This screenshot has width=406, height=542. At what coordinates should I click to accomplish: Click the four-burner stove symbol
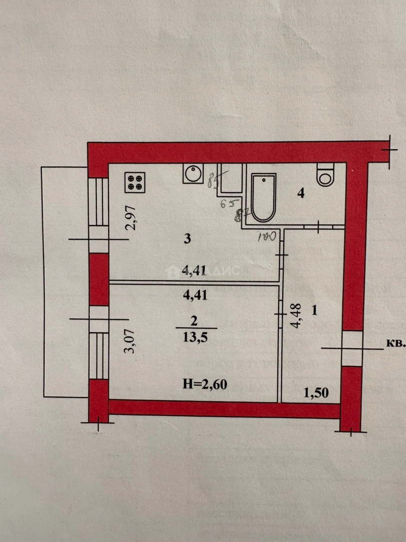(134, 182)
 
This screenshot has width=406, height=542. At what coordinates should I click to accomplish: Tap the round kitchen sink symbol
(192, 174)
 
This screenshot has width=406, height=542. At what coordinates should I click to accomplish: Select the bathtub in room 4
(264, 198)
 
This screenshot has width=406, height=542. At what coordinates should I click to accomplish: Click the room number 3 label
(187, 239)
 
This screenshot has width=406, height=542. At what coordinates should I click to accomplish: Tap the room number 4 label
(301, 194)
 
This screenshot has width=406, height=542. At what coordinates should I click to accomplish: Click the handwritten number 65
(228, 203)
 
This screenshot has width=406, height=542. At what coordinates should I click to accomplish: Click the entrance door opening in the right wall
(351, 348)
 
